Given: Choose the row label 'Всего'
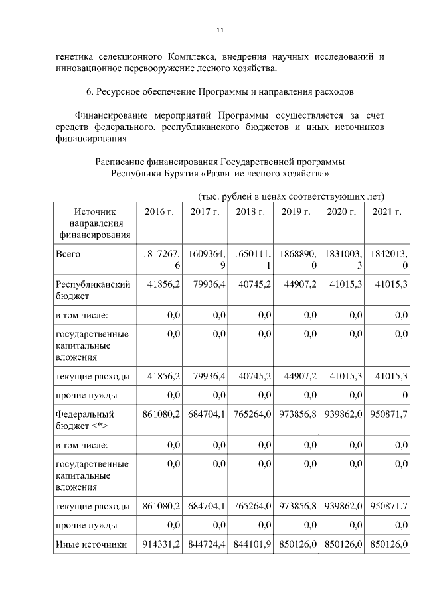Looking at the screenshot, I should (x=70, y=254).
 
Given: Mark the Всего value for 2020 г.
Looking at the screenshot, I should (x=341, y=259).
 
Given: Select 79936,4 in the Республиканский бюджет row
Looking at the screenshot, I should (x=207, y=284).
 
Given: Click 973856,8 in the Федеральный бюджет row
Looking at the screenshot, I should (x=298, y=414).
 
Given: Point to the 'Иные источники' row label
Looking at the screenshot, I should (x=91, y=545).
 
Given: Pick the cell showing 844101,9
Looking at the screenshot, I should (x=252, y=545).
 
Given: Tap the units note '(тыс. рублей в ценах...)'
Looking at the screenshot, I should (x=292, y=196).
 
